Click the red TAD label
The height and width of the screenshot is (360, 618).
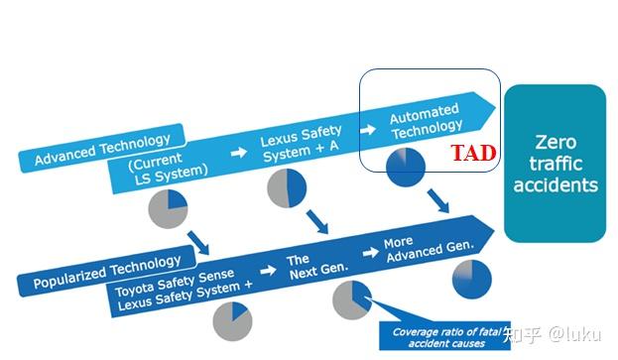click(x=473, y=155)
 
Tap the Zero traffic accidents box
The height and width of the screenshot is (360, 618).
click(x=555, y=163)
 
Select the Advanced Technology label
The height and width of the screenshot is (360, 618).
click(x=101, y=148)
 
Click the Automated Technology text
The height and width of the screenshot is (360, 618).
click(x=426, y=119)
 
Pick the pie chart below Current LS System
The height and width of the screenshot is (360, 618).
click(x=168, y=207)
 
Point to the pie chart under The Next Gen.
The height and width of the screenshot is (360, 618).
click(x=351, y=300)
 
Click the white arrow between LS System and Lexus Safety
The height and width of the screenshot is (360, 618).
click(x=237, y=154)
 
